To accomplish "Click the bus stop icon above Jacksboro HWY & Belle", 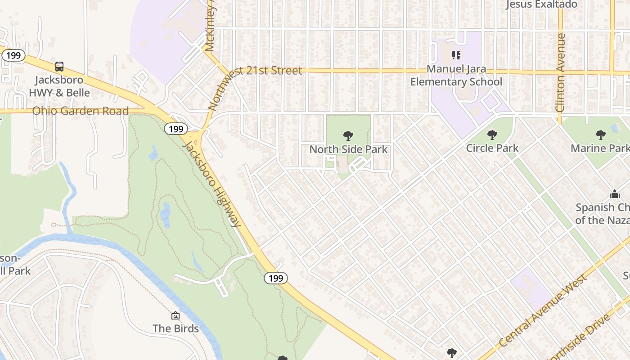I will point(59,67).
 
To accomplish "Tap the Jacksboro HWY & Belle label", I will point(59,86).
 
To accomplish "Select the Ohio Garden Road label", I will point(81,111).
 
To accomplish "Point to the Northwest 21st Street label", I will point(255,88).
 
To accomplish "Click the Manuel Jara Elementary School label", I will point(456,76).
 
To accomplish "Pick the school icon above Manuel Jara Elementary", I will point(456,55).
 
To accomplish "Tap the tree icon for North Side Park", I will point(348,135).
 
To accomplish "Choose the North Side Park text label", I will point(348,149).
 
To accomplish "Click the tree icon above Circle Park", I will point(492,135).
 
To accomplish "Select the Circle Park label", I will point(492,148).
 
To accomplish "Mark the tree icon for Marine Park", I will point(600,135).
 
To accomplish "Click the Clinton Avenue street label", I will point(560,72).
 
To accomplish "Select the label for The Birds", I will point(175,328).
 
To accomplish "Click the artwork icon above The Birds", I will point(175,315).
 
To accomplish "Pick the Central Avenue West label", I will point(544,310).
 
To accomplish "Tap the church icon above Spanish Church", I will point(614,194).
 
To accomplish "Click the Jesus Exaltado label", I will point(541,4).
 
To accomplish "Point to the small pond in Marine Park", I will point(615,129).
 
